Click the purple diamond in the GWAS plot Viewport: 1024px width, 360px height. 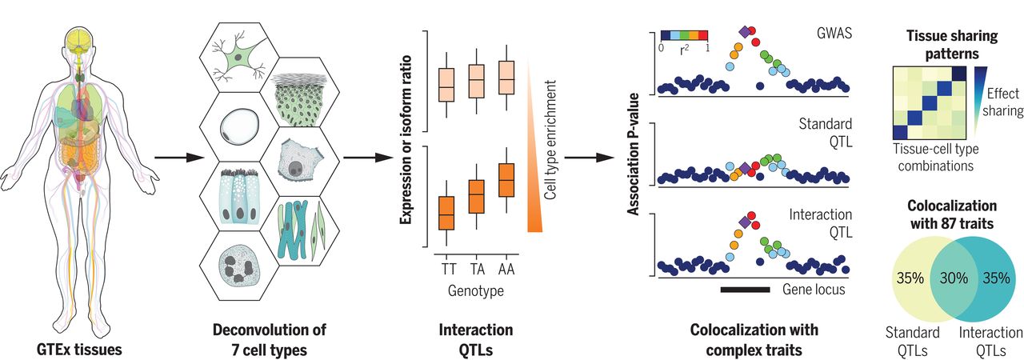[745, 31]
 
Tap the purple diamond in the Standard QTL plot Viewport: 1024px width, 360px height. [745, 168]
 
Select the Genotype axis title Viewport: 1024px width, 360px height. [477, 291]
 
